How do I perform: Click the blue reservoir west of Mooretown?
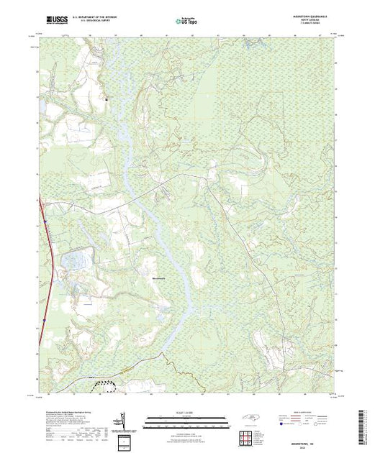tap(77, 257)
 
